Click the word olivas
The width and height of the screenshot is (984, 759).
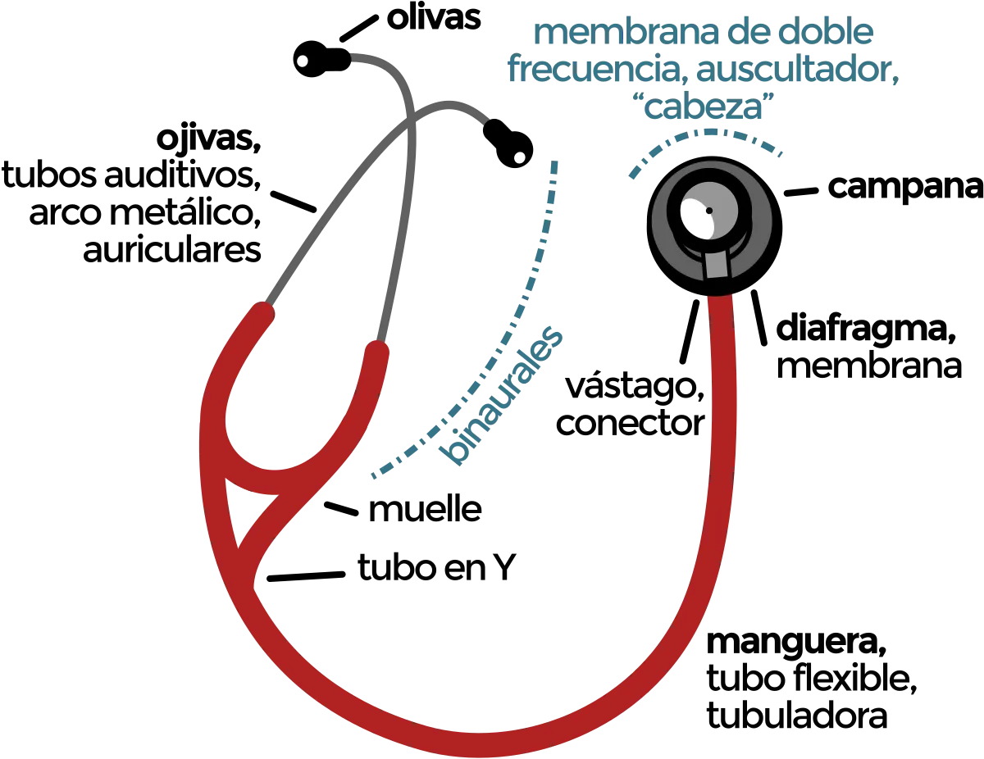point(433,19)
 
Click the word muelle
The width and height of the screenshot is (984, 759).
point(425,510)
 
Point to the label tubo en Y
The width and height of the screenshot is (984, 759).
point(436,567)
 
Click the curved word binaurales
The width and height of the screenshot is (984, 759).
point(502,396)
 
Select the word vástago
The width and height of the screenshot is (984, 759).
point(635,388)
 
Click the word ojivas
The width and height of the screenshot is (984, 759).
point(209,140)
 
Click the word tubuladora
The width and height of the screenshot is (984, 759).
point(796,716)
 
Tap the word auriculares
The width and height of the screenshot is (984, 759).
point(172,249)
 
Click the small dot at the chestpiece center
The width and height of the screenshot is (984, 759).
point(709,211)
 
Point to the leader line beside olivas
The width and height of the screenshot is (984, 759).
point(359,28)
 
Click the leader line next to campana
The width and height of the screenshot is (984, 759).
point(801,192)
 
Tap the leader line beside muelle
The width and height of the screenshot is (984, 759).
point(341,509)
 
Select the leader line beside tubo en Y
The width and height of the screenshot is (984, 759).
point(306,576)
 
